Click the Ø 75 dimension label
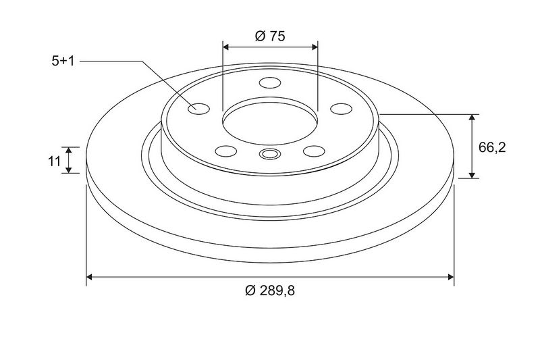coord(270,36)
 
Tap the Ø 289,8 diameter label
coord(270,290)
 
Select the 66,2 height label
coord(492,147)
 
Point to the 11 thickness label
coord(55,161)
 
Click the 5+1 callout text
coord(63,61)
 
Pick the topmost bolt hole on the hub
coord(270,82)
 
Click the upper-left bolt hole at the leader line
coord(199,109)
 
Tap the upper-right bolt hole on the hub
coord(341,109)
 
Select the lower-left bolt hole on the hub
coord(226,151)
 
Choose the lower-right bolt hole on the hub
coord(314,151)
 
